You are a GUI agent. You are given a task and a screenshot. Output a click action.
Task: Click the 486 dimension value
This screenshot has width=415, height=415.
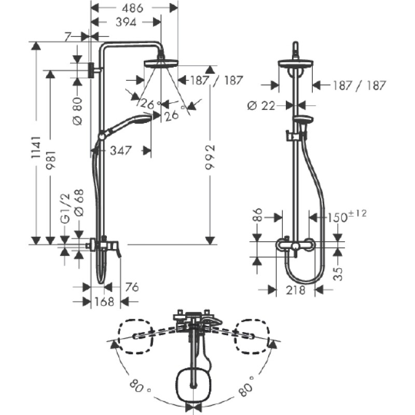tap(132, 8)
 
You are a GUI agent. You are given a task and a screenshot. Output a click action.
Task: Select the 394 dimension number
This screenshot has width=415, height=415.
tap(126, 22)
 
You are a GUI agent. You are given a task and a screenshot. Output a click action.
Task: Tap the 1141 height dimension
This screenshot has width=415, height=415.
tap(36, 147)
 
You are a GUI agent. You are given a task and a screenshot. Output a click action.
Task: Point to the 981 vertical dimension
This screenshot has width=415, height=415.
tap(50, 160)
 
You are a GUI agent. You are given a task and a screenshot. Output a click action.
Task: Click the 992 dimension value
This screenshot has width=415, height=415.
tap(211, 157)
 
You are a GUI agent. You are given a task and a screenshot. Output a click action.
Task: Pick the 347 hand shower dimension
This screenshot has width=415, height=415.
tap(121, 150)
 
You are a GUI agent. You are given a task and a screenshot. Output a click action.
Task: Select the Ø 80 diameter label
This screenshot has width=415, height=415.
tap(77, 111)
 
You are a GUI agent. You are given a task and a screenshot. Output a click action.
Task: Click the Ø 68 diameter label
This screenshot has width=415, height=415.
tap(78, 203)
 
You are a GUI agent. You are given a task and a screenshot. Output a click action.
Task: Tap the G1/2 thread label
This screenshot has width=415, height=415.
tap(65, 209)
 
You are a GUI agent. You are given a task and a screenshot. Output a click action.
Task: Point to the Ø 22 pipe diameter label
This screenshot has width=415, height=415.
tap(261, 106)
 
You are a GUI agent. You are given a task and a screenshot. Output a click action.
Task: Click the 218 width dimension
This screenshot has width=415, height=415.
tap(296, 290)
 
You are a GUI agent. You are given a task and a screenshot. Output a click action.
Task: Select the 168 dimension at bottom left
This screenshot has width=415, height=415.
tap(104, 301)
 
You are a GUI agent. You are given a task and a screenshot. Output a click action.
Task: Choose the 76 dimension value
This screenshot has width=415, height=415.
tap(132, 287)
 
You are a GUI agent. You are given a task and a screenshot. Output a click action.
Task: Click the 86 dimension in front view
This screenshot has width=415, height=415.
tap(258, 214)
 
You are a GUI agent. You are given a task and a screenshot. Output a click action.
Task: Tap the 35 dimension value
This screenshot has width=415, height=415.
tap(338, 274)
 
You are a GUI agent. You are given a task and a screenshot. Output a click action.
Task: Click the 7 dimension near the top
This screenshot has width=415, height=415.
tap(67, 37)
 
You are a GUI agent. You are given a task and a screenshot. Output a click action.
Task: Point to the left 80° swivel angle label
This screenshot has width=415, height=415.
tap(140, 386)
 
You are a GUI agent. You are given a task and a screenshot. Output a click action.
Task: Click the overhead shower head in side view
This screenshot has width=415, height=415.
tap(161, 64)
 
